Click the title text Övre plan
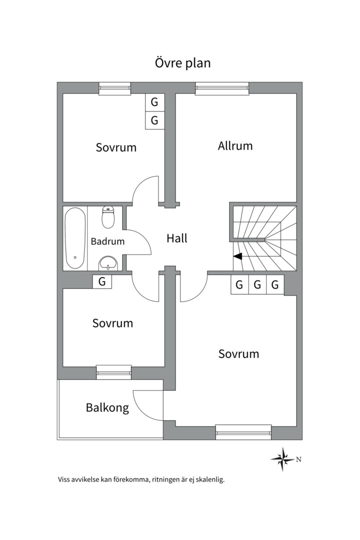pyautogui.click(x=181, y=63)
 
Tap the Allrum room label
pyautogui.click(x=235, y=146)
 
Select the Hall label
pyautogui.click(x=177, y=238)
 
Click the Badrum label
pyautogui.click(x=107, y=241)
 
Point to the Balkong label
pyautogui.click(x=107, y=407)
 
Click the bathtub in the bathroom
pyautogui.click(x=75, y=238)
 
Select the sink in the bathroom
pyautogui.click(x=108, y=262)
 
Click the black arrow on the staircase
pyautogui.click(x=237, y=256)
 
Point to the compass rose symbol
pyautogui.click(x=282, y=458)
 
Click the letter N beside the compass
pyautogui.click(x=298, y=459)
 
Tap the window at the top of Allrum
pyautogui.click(x=222, y=88)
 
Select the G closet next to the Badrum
pyautogui.click(x=102, y=282)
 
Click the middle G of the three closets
pyautogui.click(x=257, y=285)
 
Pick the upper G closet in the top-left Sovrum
pyautogui.click(x=154, y=103)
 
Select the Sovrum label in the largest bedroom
pyautogui.click(x=238, y=354)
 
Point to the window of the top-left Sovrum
pyautogui.click(x=114, y=88)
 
